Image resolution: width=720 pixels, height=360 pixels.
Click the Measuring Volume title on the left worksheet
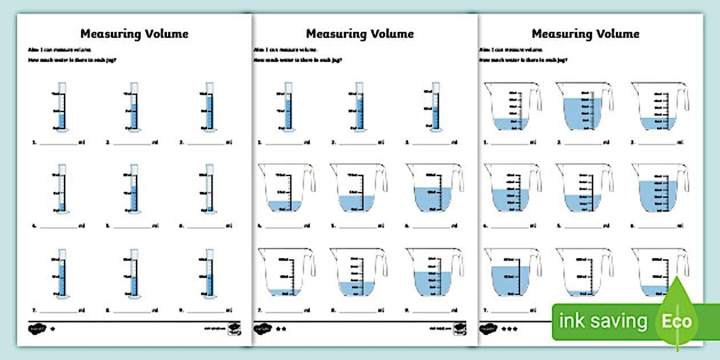[x=134, y=34]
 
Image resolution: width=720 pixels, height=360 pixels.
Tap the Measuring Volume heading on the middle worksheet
[x=360, y=34]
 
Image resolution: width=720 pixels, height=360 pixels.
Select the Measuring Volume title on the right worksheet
[x=585, y=34]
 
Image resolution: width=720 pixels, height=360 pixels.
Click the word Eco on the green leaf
[x=677, y=321]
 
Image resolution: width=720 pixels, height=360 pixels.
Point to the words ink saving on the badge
[x=603, y=321]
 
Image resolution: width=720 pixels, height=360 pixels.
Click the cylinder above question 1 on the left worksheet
[x=62, y=107]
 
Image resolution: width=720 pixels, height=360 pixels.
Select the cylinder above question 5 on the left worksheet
[x=134, y=189]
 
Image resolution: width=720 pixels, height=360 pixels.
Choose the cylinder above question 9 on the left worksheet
[x=209, y=274]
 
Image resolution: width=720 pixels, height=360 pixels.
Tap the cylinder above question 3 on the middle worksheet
[x=435, y=107]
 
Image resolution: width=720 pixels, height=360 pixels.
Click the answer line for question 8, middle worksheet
[x=357, y=311]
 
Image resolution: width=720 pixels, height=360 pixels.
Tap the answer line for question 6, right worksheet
[x=658, y=226]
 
